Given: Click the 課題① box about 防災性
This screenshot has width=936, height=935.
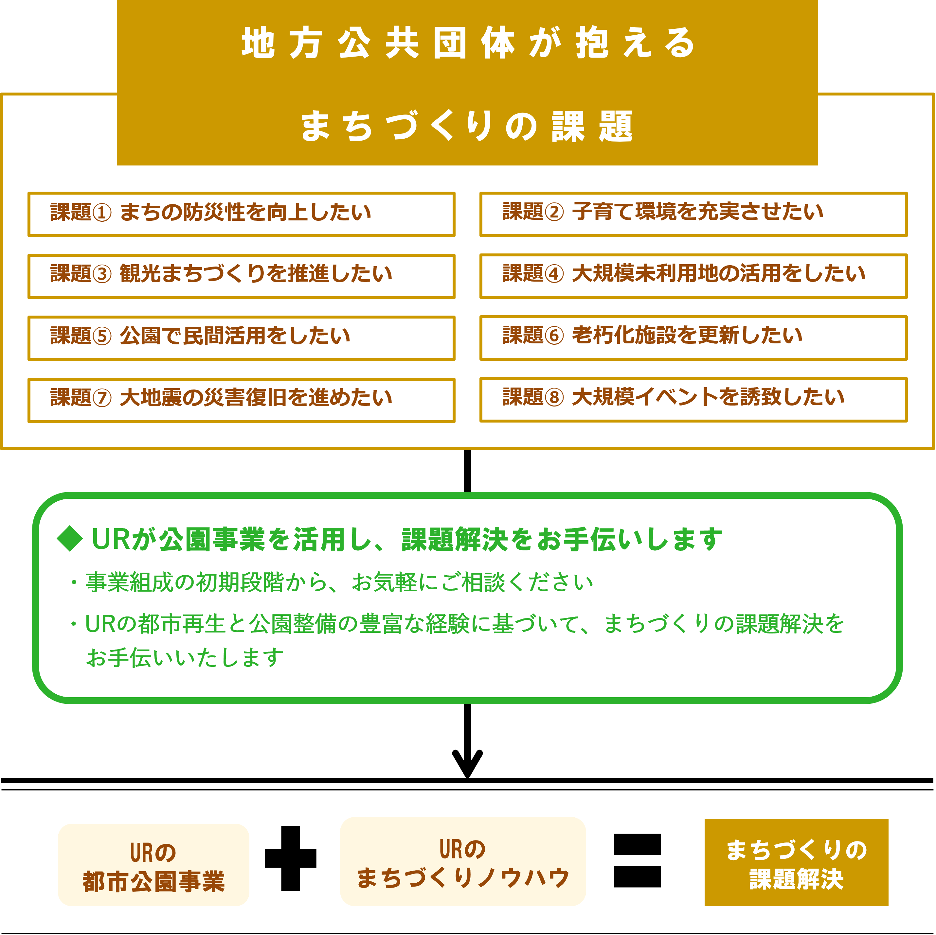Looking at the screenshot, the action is pyautogui.click(x=241, y=214).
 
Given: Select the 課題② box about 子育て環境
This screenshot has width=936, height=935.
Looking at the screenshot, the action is pyautogui.click(x=693, y=214).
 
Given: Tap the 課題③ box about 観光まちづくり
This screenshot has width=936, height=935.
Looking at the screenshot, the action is pyautogui.click(x=241, y=276).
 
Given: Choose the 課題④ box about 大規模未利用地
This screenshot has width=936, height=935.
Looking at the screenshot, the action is pyautogui.click(x=693, y=276).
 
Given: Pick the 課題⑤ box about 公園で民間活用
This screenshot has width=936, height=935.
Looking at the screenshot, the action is pyautogui.click(x=241, y=338).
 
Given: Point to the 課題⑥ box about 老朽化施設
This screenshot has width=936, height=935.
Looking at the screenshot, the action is pyautogui.click(x=693, y=338).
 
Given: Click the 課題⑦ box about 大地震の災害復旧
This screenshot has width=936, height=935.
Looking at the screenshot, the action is pyautogui.click(x=241, y=400).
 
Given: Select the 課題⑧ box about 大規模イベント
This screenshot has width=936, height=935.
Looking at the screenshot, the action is pyautogui.click(x=693, y=400).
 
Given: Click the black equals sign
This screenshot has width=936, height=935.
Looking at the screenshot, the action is pyautogui.click(x=637, y=860).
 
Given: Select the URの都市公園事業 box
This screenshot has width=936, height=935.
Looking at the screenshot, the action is pyautogui.click(x=153, y=865).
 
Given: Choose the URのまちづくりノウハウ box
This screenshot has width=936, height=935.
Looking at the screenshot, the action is pyautogui.click(x=463, y=861).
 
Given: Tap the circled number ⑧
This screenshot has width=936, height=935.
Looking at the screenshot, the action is pyautogui.click(x=554, y=398).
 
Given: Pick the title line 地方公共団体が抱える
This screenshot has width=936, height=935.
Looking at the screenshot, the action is pyautogui.click(x=468, y=43).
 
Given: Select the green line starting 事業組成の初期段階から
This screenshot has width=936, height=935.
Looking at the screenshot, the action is pyautogui.click(x=339, y=582).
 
